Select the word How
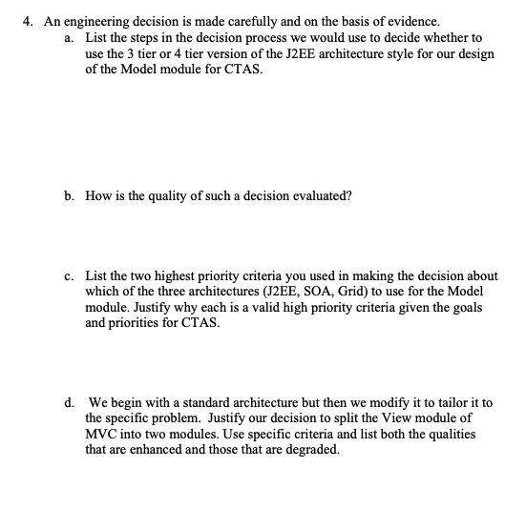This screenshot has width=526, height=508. point(97,195)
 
